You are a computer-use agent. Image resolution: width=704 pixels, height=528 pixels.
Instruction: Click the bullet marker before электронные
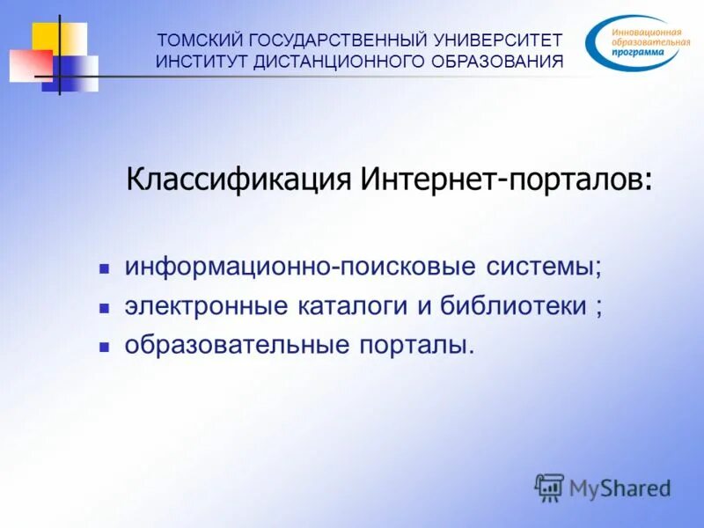(x=103, y=307)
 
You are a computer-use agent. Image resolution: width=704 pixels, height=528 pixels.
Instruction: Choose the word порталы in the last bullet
(x=415, y=346)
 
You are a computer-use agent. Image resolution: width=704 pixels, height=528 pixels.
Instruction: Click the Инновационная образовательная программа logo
(x=634, y=42)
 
